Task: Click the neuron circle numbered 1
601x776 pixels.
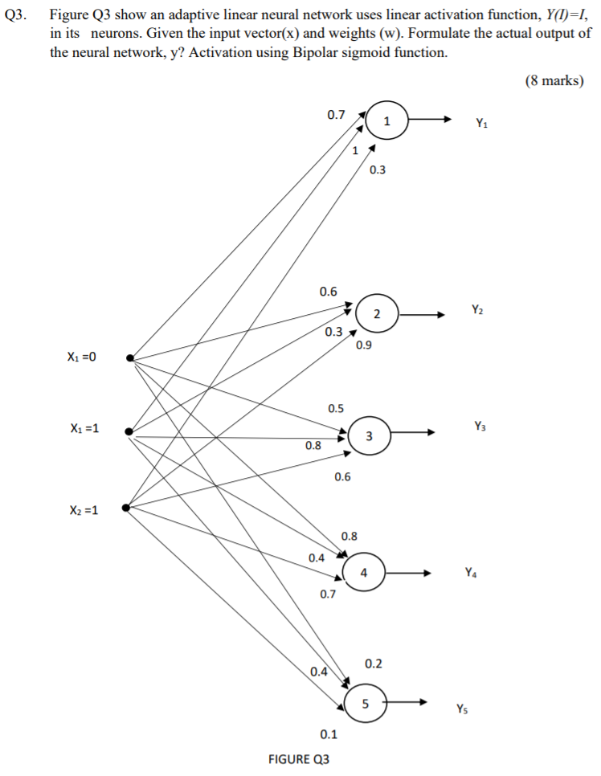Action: point(387,121)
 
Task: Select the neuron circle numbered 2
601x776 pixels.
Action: point(377,313)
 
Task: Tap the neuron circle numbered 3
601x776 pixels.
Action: point(368,436)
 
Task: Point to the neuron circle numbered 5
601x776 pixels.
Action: point(366,704)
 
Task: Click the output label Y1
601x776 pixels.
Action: point(480,123)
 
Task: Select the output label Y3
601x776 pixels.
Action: point(480,425)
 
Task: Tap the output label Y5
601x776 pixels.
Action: point(461,709)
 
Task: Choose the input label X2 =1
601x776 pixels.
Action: point(81,509)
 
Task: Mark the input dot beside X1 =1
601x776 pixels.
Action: point(129,431)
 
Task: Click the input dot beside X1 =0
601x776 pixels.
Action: point(130,359)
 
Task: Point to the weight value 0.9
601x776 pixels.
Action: point(363,345)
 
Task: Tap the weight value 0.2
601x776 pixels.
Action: point(373,664)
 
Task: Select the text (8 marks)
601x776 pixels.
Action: point(554,81)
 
